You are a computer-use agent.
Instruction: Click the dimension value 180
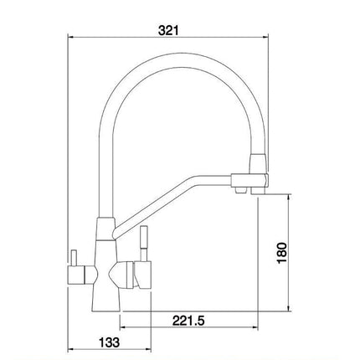pos(282,252)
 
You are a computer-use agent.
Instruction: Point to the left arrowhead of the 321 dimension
pos(70,38)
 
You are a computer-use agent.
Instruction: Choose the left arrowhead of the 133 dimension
pos(70,352)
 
